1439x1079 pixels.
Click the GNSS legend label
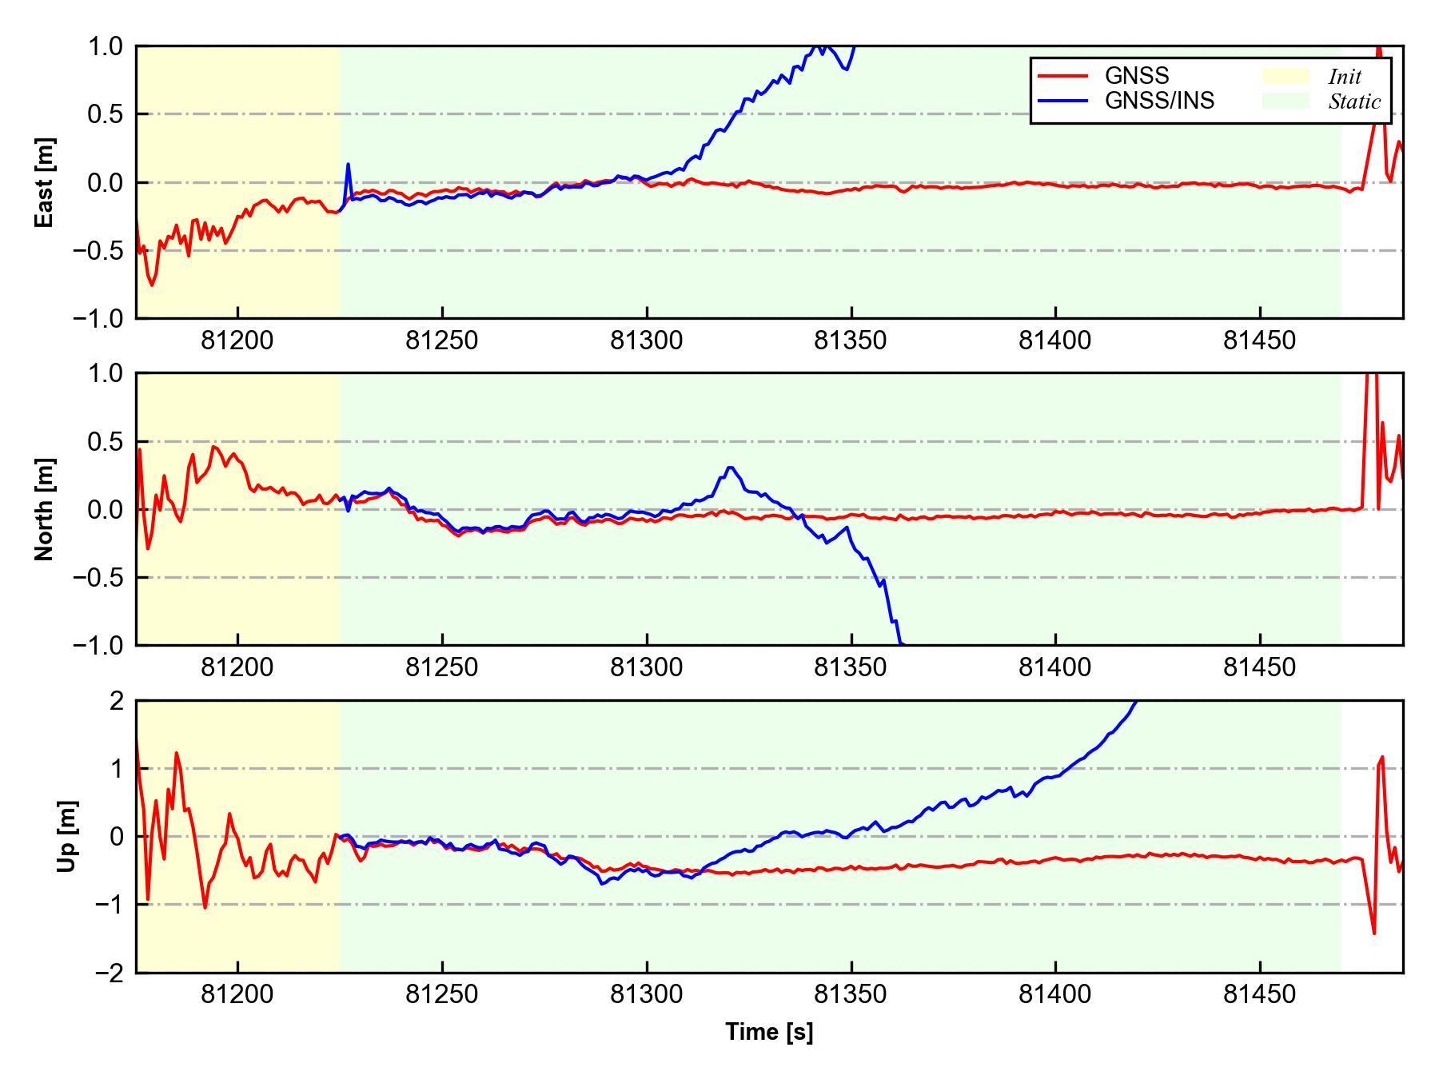[x=1136, y=76]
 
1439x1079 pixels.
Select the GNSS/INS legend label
[x=1158, y=101]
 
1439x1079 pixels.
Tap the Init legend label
[x=1345, y=77]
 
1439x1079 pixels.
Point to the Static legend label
[x=1354, y=102]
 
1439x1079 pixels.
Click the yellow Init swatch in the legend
[x=1286, y=76]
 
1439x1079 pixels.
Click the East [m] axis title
[x=46, y=182]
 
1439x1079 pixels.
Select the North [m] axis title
[x=46, y=509]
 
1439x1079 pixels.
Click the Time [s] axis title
[x=769, y=1032]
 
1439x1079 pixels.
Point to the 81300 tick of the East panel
[x=646, y=341]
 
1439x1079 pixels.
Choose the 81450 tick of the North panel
[x=1259, y=667]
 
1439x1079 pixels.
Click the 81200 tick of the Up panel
[x=237, y=995]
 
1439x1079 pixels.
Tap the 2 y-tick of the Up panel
[x=117, y=701]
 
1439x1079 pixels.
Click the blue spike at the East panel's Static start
[x=348, y=164]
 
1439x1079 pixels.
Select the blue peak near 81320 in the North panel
[x=731, y=468]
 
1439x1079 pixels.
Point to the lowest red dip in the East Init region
[x=152, y=285]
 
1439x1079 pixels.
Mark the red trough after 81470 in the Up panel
[x=1373, y=933]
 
